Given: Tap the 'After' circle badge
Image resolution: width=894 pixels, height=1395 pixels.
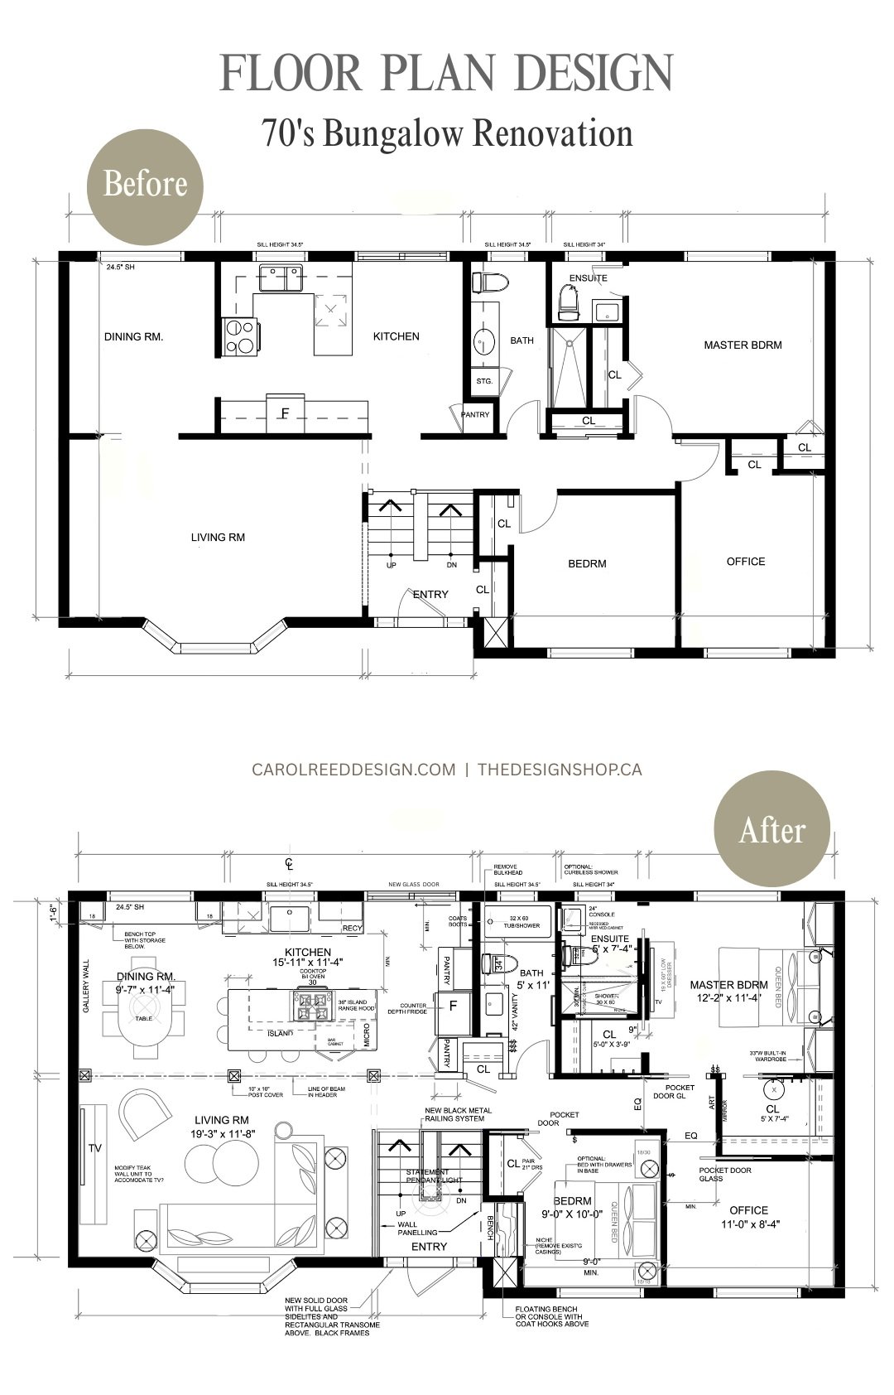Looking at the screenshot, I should click(x=771, y=831).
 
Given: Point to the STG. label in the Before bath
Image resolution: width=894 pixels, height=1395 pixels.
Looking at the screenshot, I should click(x=484, y=382).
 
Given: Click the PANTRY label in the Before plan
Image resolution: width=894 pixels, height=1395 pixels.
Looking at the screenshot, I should click(x=475, y=415).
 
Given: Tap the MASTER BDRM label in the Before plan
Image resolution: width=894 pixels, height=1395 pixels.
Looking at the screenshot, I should click(x=743, y=345).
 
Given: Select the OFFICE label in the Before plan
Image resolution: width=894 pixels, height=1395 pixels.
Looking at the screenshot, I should click(x=745, y=562).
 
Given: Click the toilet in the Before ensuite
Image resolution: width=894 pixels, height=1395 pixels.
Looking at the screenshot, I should click(x=568, y=301).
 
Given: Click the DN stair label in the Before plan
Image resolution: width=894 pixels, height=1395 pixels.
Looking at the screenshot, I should click(x=450, y=566).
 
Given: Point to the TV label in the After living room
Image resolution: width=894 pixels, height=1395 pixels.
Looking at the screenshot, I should click(x=95, y=1148).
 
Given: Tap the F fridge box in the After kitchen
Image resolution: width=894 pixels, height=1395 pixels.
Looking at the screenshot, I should click(x=453, y=1006).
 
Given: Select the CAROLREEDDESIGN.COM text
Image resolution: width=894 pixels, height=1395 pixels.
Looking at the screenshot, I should click(x=353, y=770).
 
